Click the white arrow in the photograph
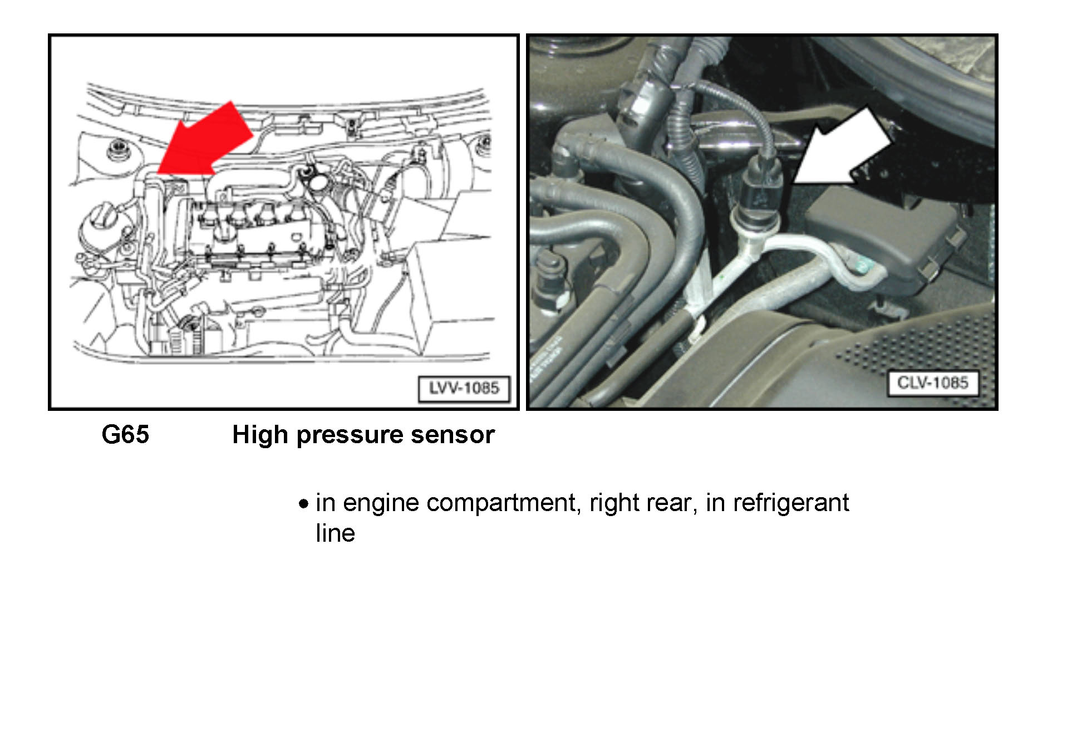click(x=843, y=146)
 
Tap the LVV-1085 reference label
click(x=464, y=388)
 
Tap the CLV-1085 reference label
click(x=932, y=383)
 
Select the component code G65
click(x=125, y=434)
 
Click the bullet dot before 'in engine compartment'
click(x=303, y=504)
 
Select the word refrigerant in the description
click(x=791, y=503)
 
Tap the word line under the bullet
click(x=335, y=533)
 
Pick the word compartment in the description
click(x=500, y=504)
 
